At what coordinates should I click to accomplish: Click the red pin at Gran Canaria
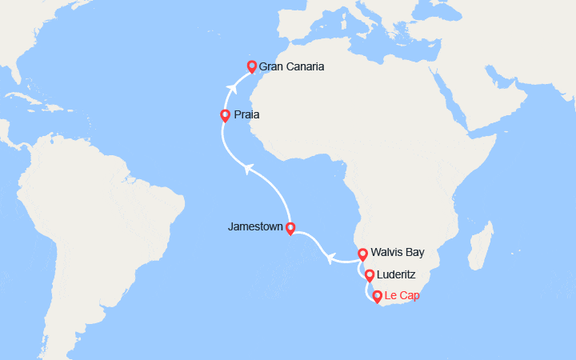[251, 66]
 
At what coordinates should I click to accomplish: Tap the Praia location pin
[226, 115]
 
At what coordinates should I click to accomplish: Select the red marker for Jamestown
[290, 227]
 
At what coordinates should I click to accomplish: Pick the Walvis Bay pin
[362, 254]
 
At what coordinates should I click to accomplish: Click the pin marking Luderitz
[369, 276]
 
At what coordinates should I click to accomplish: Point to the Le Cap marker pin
[377, 297]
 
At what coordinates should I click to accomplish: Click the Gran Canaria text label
[291, 66]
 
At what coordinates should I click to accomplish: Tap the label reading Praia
[246, 115]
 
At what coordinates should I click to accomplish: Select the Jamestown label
[255, 227]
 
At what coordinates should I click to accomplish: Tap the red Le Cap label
[402, 296]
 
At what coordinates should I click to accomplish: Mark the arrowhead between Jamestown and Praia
[248, 167]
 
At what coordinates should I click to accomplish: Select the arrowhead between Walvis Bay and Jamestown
[329, 256]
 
